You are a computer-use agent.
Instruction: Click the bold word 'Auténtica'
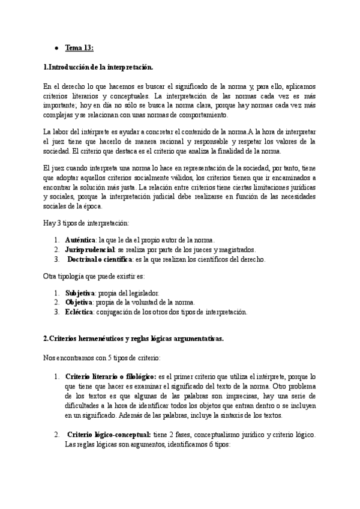click(x=80, y=240)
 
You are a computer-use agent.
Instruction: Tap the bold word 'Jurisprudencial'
click(x=91, y=250)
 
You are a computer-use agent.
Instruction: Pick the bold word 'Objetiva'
click(x=79, y=302)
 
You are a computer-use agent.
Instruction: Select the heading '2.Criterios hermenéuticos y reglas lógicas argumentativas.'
click(x=134, y=339)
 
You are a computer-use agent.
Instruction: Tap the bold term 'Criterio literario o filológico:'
click(x=110, y=376)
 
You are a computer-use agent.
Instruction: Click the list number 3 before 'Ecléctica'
click(x=56, y=312)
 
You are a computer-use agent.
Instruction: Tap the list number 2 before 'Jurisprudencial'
click(x=56, y=250)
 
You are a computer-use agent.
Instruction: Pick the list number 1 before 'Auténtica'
click(x=56, y=240)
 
